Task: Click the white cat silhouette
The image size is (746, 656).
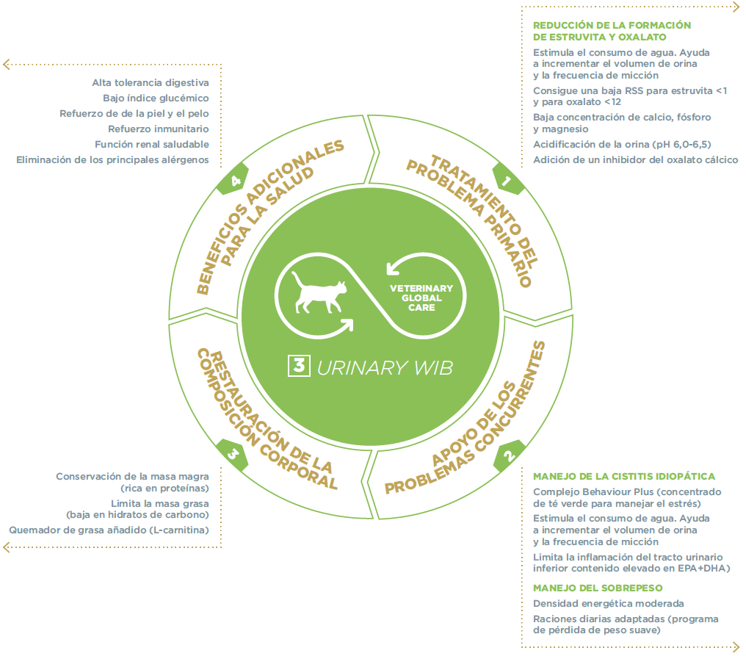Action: tap(318, 295)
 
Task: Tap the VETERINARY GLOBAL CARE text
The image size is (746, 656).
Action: tap(421, 298)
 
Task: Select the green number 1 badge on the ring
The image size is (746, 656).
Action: tap(507, 179)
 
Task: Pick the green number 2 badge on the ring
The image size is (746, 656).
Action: tap(508, 455)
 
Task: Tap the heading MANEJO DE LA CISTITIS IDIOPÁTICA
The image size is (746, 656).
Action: tap(623, 476)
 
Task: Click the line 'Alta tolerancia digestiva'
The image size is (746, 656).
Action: tap(151, 82)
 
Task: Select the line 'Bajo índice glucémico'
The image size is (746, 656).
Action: tap(156, 98)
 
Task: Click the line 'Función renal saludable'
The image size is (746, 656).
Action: tap(152, 144)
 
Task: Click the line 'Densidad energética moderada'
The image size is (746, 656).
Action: tap(608, 603)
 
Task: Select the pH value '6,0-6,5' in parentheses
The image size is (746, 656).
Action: tap(687, 144)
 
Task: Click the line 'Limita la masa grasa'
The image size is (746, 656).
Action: tap(159, 503)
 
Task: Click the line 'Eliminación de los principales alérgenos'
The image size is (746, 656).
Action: tap(112, 159)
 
